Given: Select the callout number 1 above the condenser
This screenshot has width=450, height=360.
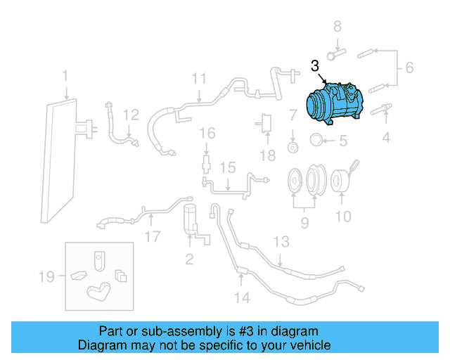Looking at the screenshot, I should click(65, 76).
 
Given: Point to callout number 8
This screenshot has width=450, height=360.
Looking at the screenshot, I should click(337, 28).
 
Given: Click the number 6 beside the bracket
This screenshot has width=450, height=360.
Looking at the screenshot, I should click(409, 69).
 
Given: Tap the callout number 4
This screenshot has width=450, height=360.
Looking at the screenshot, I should click(386, 138).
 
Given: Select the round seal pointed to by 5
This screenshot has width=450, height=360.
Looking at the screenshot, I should click(316, 140).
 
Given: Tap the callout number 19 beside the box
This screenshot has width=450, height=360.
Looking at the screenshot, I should click(46, 277).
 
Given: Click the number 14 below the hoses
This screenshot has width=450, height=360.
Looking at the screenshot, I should click(241, 297).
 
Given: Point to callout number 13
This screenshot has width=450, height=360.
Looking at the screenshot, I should click(281, 243).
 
